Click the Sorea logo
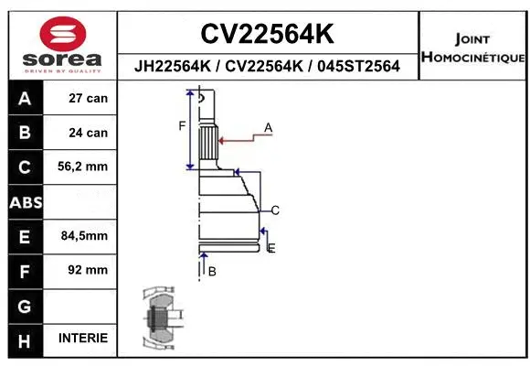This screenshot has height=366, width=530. tap(60, 42)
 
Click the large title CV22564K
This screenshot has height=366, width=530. tap(267, 35)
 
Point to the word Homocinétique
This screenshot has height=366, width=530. tap(472, 58)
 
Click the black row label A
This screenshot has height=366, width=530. tap(25, 98)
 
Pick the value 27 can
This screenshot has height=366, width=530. tap(89, 98)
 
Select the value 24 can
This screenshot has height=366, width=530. tap(89, 133)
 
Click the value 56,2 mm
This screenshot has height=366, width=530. tap(83, 167)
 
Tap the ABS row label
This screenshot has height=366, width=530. tap(25, 201)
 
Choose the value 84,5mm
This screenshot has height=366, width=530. tap(84, 236)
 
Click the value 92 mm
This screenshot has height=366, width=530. tap(89, 270)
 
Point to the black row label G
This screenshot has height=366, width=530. tap(25, 304)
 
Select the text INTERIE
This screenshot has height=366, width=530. tap(83, 339)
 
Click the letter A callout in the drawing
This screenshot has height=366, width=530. tap(269, 127)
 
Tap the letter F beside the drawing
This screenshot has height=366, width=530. tap(182, 125)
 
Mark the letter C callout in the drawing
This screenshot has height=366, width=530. tap(274, 210)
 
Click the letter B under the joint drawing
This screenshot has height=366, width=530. tap(211, 272)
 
